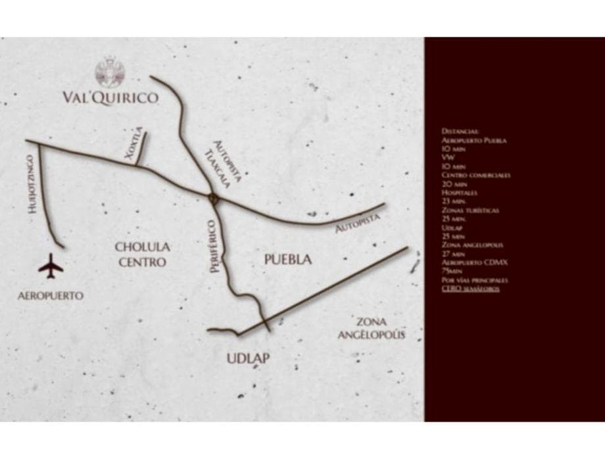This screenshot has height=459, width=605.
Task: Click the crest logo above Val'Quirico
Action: pyautogui.click(x=109, y=72)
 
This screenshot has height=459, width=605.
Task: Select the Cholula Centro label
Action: pyautogui.click(x=142, y=254)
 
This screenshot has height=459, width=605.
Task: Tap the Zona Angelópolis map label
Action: pyautogui.click(x=370, y=328)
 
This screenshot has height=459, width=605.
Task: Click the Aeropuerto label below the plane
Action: pyautogui.click(x=51, y=296)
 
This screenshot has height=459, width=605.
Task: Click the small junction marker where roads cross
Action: pyautogui.click(x=212, y=197)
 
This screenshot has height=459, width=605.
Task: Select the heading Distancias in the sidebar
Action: pyautogui.click(x=460, y=132)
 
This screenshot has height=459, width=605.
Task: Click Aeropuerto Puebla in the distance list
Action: pyautogui.click(x=474, y=141)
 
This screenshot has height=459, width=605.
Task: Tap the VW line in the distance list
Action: pyautogui.click(x=446, y=158)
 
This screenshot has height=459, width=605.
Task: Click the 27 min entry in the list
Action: pyautogui.click(x=454, y=253)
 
